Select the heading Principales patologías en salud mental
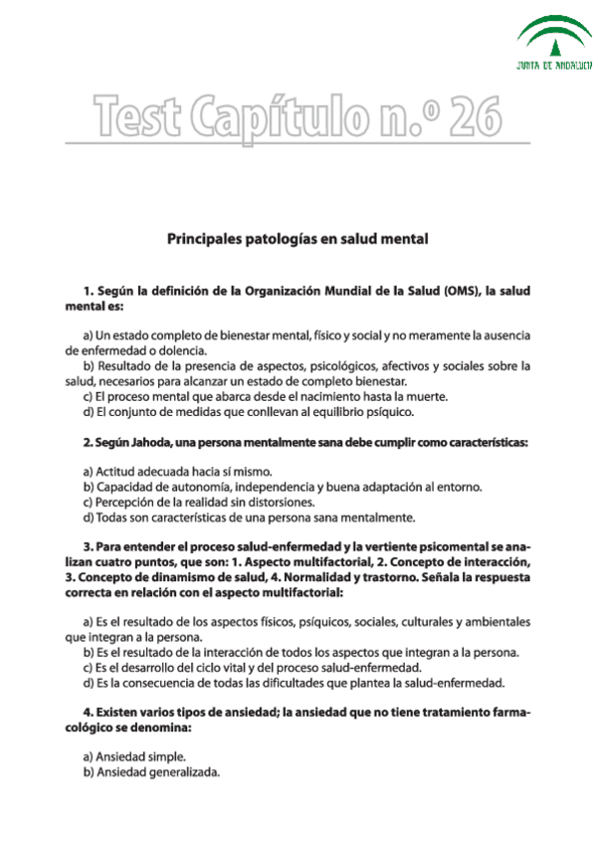(298, 239)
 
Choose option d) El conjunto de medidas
(248, 411)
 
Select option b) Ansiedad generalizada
(151, 772)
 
